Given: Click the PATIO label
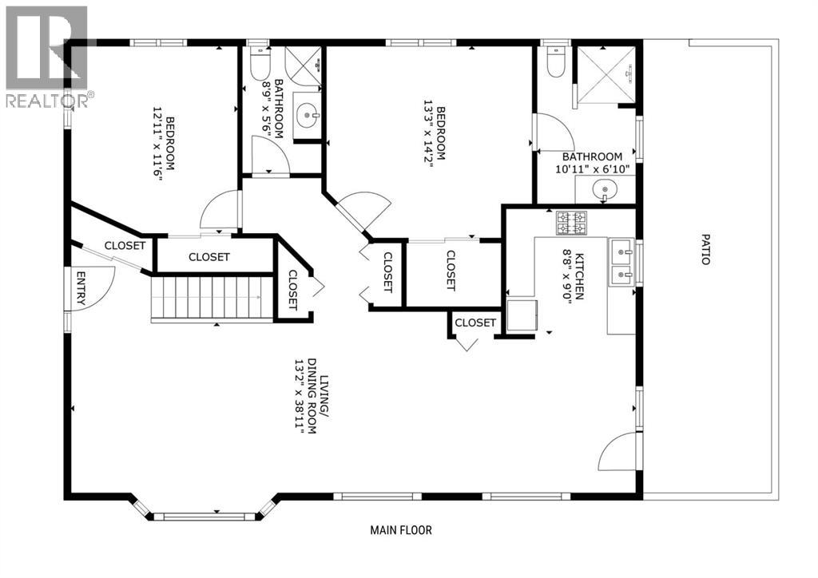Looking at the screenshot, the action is tap(705, 249).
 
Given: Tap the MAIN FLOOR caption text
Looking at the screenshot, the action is tap(401, 530).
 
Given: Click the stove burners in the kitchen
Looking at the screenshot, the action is tap(571, 223).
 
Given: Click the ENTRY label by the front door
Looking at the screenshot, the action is tap(81, 287).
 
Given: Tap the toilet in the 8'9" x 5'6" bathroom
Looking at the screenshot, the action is tap(260, 63).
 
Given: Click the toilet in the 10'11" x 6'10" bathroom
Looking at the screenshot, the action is tap(555, 62).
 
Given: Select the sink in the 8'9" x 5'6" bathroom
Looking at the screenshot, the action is tap(307, 115).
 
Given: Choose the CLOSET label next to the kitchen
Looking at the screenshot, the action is tap(475, 323).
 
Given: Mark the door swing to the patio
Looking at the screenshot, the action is tap(618, 451).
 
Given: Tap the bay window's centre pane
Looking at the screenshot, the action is tap(204, 517).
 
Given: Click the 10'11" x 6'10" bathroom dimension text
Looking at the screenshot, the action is tap(592, 169).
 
